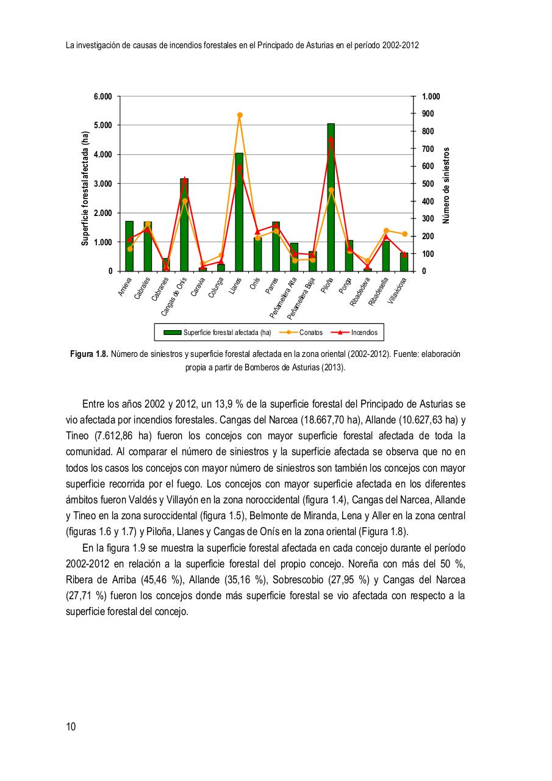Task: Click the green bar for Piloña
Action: tap(331, 201)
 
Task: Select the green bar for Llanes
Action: tap(239, 214)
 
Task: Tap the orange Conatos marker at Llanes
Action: tap(240, 115)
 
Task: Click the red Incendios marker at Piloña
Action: tap(331, 140)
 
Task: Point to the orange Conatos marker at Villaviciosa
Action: tap(404, 234)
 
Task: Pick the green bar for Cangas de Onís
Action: tap(184, 226)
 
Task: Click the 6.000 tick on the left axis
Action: tap(102, 96)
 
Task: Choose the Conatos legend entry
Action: tap(301, 333)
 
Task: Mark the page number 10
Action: tap(71, 726)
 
